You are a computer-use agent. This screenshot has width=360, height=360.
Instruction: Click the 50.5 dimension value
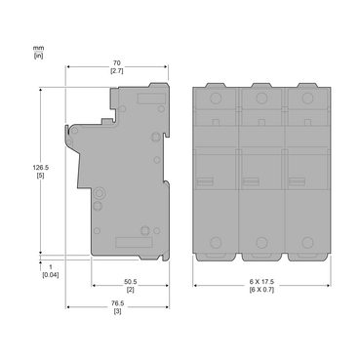click(129, 282)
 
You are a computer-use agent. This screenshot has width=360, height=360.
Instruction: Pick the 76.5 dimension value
click(117, 302)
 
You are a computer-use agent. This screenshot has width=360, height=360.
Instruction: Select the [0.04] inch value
click(49, 274)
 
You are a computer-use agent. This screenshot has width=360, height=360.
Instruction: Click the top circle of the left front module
click(216, 99)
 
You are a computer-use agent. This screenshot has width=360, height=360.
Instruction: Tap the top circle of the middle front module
click(260, 99)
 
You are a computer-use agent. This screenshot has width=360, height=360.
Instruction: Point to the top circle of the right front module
click(304, 99)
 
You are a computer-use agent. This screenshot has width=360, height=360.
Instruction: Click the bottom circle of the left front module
click(216, 242)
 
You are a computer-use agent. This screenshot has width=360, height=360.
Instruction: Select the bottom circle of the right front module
click(305, 242)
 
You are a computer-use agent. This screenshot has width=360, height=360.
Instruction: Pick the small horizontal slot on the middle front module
click(251, 180)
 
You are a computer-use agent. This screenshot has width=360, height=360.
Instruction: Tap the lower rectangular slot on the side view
click(129, 243)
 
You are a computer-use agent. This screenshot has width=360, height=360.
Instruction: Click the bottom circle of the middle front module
click(260, 242)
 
